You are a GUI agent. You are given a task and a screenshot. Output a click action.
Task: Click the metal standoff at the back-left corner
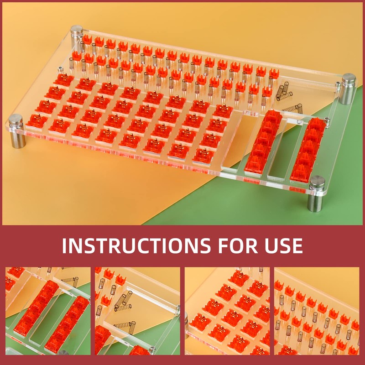tap(77, 33)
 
